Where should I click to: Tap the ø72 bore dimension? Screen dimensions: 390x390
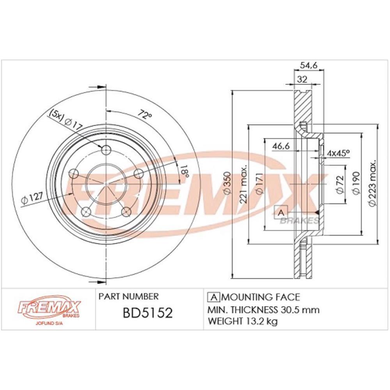339,184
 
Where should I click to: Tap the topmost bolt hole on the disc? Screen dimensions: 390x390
106,151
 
